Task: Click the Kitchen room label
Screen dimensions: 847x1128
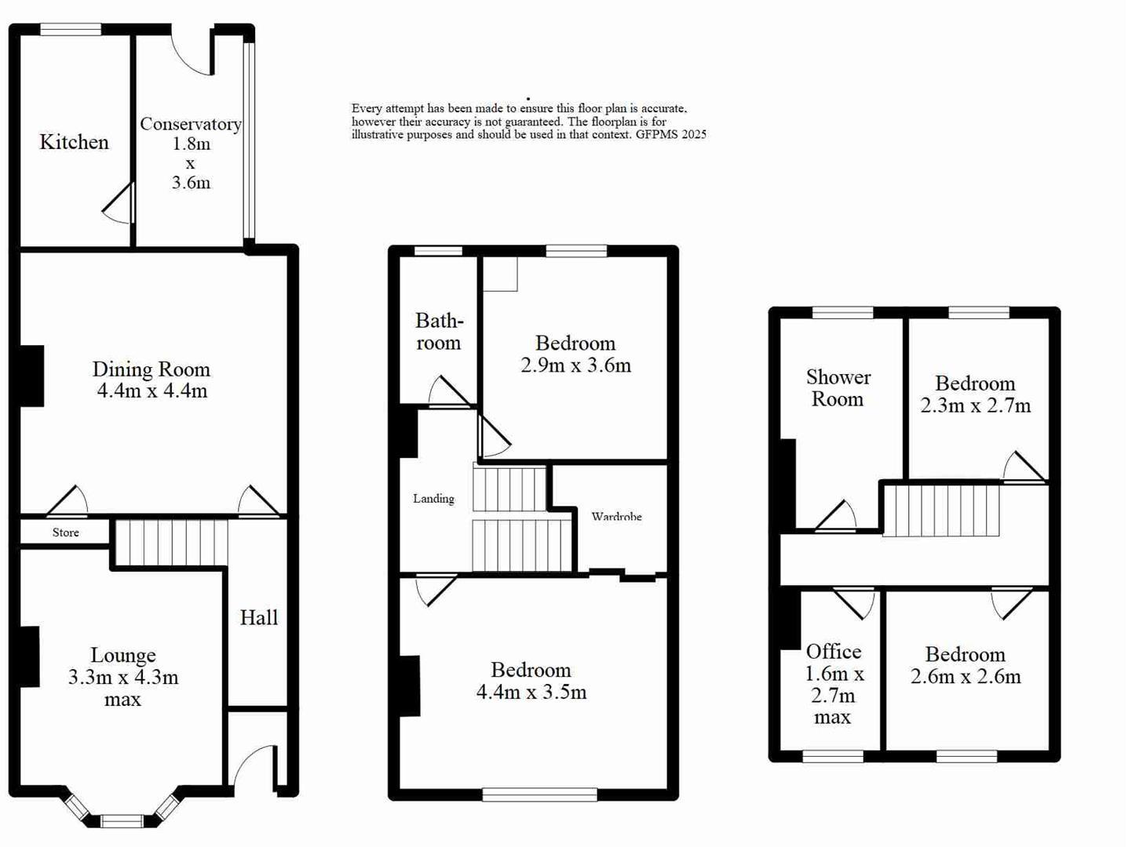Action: (x=74, y=142)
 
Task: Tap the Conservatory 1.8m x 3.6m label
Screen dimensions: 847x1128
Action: (x=191, y=153)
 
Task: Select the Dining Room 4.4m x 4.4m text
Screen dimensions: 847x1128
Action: (x=151, y=380)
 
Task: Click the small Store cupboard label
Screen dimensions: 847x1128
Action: (x=66, y=533)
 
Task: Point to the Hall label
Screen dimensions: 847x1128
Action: (x=259, y=617)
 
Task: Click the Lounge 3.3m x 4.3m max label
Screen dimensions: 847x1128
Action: (x=123, y=677)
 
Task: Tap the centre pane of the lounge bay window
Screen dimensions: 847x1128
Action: (x=122, y=821)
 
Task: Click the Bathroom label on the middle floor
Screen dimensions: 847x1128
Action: (x=439, y=332)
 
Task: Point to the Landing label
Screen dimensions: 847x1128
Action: (x=433, y=499)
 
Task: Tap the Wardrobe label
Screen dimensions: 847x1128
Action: (x=616, y=517)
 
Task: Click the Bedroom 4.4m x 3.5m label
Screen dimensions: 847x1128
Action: (x=531, y=681)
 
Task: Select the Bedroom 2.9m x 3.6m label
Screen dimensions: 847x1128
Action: (x=575, y=354)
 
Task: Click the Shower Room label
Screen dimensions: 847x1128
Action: (x=838, y=388)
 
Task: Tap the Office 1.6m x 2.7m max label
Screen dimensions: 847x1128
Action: (x=833, y=684)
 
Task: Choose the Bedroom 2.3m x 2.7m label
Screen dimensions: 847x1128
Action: (x=975, y=394)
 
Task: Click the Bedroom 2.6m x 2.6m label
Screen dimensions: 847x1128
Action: (x=966, y=665)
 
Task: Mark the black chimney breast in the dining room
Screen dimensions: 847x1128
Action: (x=31, y=376)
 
